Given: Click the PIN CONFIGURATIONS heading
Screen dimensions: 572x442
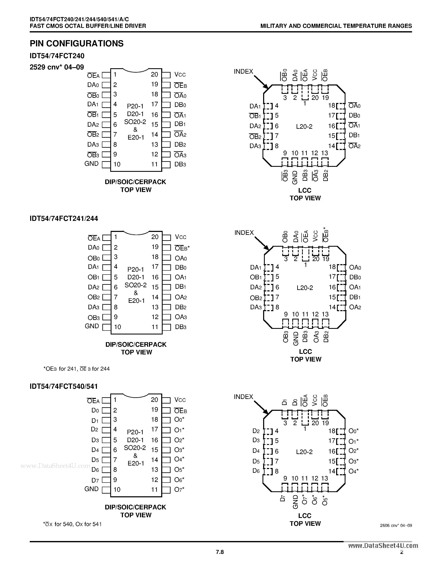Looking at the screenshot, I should point(77,43).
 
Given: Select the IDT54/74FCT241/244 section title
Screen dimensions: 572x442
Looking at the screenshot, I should point(64,218).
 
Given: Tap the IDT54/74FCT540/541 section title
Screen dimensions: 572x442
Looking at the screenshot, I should point(64,386).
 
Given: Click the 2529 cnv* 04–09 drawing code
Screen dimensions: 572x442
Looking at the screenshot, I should point(57,67).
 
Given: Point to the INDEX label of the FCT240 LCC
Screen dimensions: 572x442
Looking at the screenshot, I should point(244,72).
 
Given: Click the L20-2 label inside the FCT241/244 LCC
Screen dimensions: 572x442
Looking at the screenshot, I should point(305,288).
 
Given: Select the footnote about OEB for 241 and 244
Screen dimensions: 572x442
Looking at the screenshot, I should point(77,369).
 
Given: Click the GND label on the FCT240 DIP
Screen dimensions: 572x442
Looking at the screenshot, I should point(91,164).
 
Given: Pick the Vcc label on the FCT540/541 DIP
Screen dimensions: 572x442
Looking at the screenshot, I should point(180,400).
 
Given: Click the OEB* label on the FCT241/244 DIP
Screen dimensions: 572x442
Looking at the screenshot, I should point(182,248).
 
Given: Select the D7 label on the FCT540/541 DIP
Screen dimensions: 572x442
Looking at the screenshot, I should point(95,480).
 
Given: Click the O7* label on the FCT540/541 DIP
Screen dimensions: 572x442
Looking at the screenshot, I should point(179,490).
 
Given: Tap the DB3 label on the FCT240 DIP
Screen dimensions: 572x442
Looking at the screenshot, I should point(180,165).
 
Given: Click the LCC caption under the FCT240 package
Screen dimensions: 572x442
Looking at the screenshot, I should point(305,190).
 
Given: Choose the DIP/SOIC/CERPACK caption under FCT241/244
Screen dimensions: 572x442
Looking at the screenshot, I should point(136,344).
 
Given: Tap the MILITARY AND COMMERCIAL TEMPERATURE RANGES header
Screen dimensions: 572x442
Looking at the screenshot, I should point(336,26).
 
